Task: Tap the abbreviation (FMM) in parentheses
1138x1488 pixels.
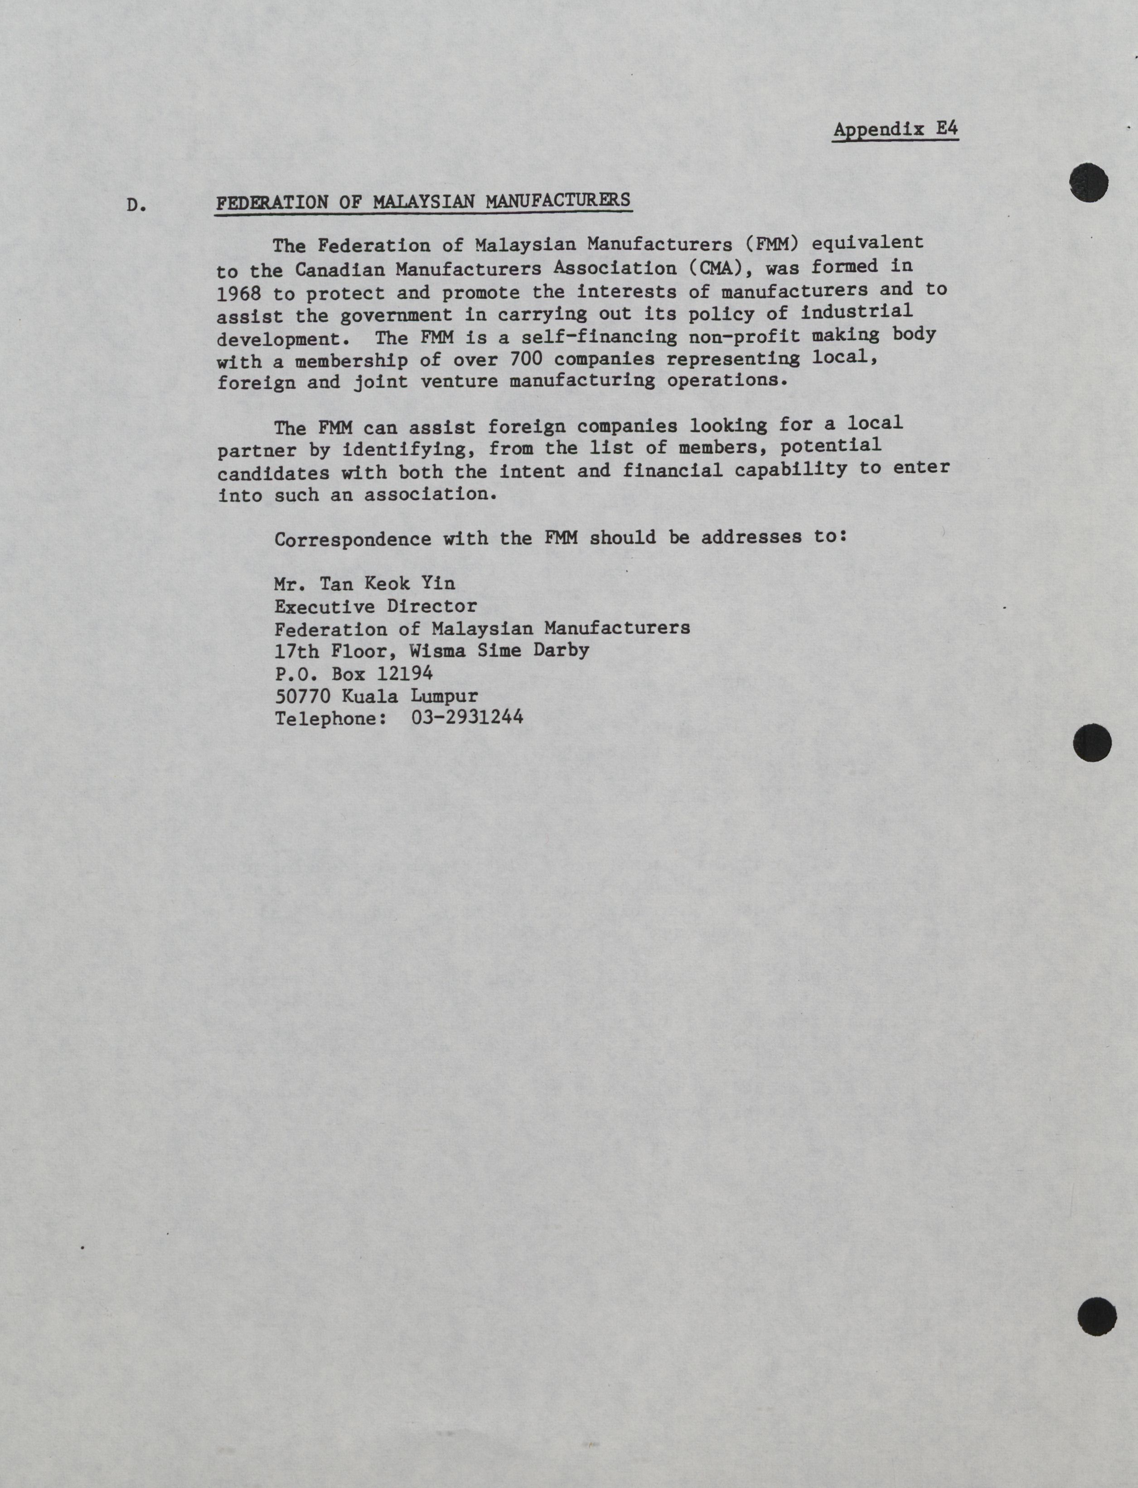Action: [x=767, y=243]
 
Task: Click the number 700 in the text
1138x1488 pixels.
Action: [x=525, y=358]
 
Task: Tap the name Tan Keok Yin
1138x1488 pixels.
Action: [x=387, y=584]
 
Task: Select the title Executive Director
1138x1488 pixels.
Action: [x=375, y=606]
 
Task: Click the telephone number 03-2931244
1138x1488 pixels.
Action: [x=467, y=717]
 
